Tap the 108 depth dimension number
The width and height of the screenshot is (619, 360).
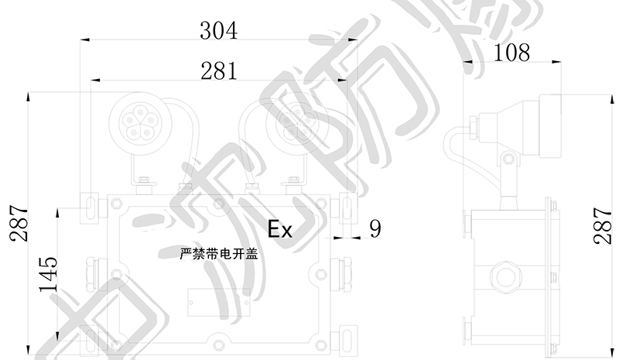(x=511, y=52)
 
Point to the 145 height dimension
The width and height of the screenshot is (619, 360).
(x=48, y=273)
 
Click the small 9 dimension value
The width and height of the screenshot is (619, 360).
(x=375, y=228)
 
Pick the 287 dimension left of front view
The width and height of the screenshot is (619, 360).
(x=18, y=225)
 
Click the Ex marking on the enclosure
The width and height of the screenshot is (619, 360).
(x=279, y=229)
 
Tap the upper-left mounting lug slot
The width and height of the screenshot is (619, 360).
(x=91, y=204)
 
